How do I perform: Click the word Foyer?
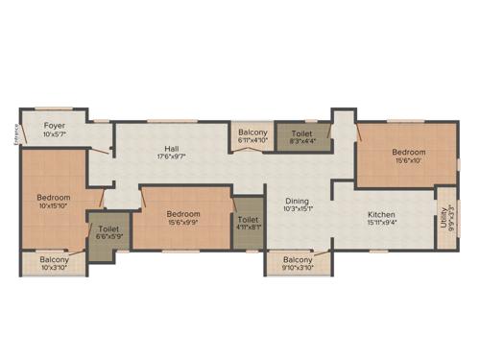click(x=54, y=125)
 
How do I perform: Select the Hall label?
click(x=171, y=148)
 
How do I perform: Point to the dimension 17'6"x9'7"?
click(x=171, y=156)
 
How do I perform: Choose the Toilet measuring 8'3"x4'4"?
click(x=300, y=133)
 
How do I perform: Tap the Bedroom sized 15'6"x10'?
click(x=408, y=152)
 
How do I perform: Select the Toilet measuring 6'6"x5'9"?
click(x=107, y=229)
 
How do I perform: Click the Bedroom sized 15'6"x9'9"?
click(x=182, y=214)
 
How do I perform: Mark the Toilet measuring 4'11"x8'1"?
click(x=247, y=221)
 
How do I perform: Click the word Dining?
click(x=300, y=200)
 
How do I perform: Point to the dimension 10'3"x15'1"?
click(x=300, y=208)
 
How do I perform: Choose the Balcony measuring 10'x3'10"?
click(x=54, y=259)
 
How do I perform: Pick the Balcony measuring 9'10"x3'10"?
click(x=299, y=259)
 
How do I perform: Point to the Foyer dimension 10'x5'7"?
click(x=54, y=134)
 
